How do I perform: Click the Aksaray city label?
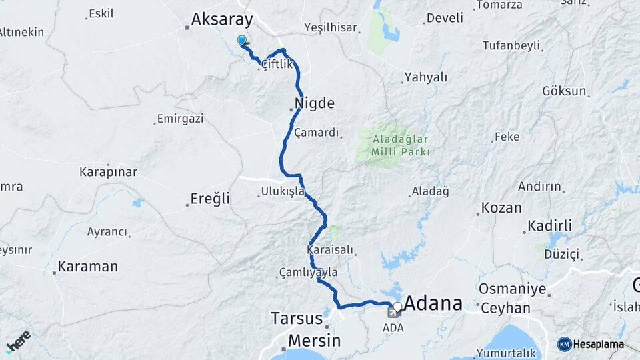point(221,20)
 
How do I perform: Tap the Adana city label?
point(433,303)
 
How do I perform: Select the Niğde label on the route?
point(314,103)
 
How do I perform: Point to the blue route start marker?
point(242,41)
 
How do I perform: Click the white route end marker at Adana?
point(397,307)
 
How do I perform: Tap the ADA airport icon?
point(393,313)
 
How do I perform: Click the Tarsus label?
point(297,318)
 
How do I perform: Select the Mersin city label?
point(314,341)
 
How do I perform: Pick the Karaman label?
point(87,267)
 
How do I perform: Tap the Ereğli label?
point(210,198)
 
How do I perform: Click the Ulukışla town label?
point(283,191)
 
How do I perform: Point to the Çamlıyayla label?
point(309,272)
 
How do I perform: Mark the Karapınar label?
point(109,172)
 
